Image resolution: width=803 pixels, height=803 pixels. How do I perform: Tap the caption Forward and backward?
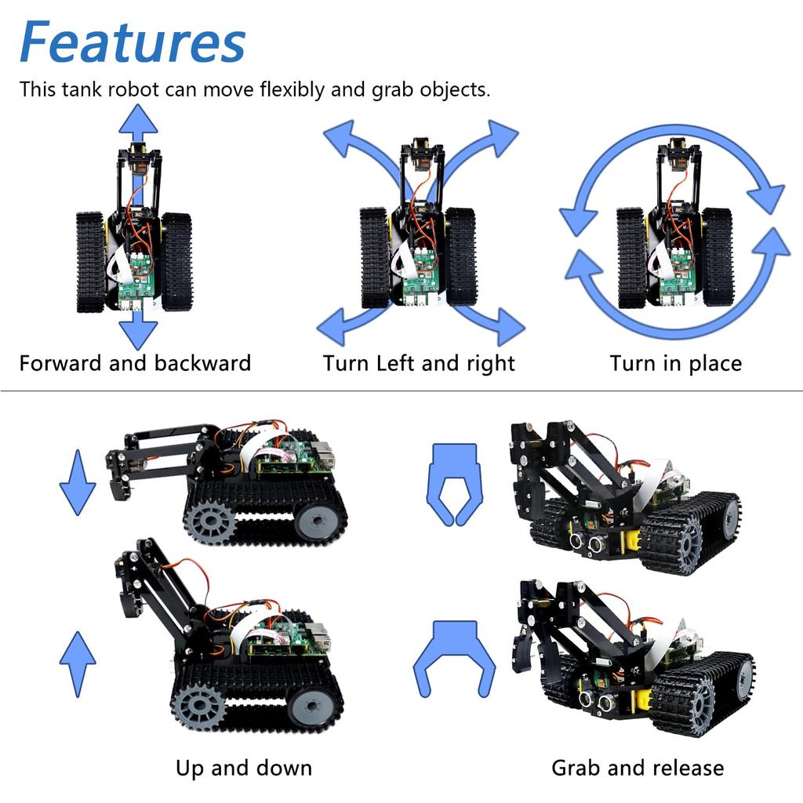click(135, 364)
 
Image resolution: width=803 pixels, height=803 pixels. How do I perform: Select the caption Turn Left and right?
click(419, 364)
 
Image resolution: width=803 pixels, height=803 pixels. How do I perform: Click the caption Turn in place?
click(675, 364)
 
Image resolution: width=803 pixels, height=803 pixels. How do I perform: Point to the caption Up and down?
click(243, 768)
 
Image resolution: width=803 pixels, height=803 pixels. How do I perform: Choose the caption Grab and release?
click(638, 768)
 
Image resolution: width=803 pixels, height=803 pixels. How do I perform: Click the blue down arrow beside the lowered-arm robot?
click(78, 481)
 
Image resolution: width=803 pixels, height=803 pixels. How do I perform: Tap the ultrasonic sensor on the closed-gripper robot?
click(587, 542)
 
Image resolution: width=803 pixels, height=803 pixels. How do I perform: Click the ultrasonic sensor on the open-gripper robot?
click(596, 700)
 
